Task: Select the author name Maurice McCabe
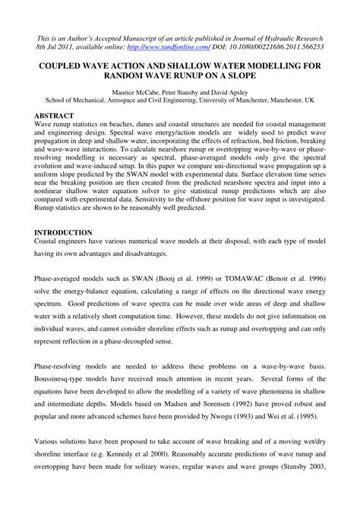click(x=133, y=89)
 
